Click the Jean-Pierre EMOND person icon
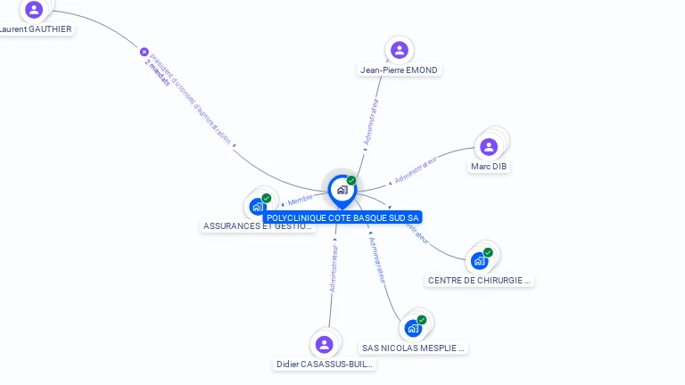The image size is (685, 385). click(399, 50)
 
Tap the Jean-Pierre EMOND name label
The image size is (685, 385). click(400, 70)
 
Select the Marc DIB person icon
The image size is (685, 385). click(489, 147)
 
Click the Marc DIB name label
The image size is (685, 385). click(490, 167)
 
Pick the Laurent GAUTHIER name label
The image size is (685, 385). click(36, 29)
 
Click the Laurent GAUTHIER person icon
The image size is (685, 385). click(34, 10)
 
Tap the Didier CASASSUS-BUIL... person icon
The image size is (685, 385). click(324, 344)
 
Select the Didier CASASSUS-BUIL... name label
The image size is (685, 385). click(325, 365)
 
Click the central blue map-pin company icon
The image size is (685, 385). click(342, 190)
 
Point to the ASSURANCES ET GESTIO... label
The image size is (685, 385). click(259, 226)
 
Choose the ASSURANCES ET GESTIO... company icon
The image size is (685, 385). click(258, 207)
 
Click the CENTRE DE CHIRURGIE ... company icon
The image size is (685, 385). click(480, 260)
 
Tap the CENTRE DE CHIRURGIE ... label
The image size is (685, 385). click(480, 280)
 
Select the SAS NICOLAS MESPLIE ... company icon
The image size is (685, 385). click(413, 328)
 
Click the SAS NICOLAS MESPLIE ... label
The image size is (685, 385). click(414, 348)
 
